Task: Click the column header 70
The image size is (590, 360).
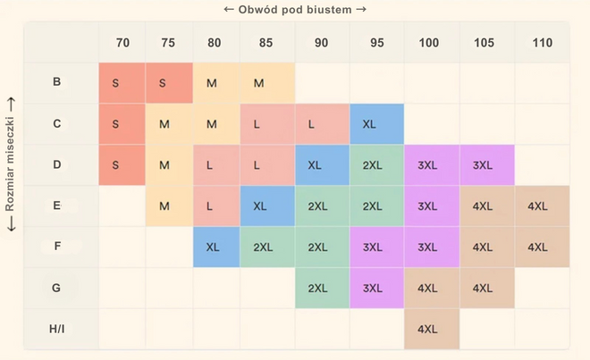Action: click(x=122, y=43)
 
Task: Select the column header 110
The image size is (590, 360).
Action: click(x=542, y=43)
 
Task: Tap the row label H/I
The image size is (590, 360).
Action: click(x=57, y=328)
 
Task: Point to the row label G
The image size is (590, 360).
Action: click(x=57, y=287)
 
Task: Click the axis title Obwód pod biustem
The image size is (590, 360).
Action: click(x=294, y=10)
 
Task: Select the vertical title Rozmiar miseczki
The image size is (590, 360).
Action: click(x=11, y=164)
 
